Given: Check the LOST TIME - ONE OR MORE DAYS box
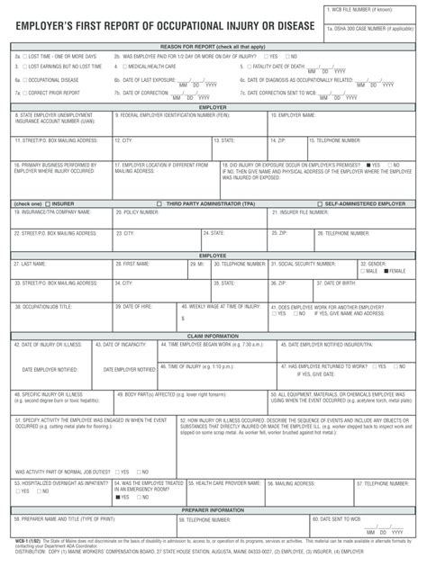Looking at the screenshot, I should coord(25,56).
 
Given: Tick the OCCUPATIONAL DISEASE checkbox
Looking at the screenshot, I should coord(25,79).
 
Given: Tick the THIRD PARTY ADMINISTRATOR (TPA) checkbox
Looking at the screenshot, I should coord(159,204).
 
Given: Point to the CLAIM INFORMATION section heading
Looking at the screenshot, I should coord(213,336).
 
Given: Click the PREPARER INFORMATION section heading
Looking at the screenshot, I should coord(213,510).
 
